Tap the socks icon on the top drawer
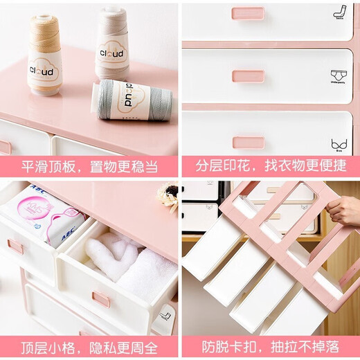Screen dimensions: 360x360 coord(339,11)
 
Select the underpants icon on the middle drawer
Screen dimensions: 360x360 coord(339,75)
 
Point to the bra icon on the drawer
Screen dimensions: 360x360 coord(339,144)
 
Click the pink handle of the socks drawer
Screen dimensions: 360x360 coord(248,13)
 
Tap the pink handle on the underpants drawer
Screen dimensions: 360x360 coord(248,76)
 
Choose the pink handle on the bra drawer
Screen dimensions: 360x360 coord(248,142)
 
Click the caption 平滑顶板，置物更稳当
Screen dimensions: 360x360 coord(89,167)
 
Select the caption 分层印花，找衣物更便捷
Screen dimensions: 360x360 coord(271,167)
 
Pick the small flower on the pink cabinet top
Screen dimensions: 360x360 coord(168,196)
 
